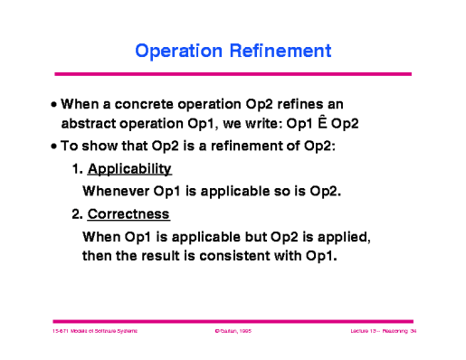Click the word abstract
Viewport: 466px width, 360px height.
tap(92, 125)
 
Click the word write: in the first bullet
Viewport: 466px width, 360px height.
tap(270, 125)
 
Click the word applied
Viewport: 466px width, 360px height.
tap(345, 236)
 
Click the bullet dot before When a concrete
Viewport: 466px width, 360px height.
tap(54, 105)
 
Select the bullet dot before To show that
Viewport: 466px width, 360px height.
tap(54, 147)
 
